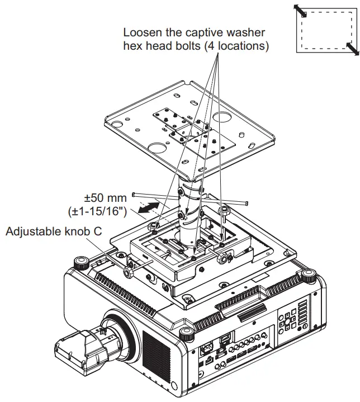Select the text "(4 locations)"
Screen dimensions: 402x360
(235, 46)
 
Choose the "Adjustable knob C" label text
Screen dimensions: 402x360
(54, 230)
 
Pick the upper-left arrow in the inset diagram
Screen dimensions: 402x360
(301, 11)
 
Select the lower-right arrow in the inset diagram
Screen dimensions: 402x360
(352, 49)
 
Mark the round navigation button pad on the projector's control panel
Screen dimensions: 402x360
(287, 321)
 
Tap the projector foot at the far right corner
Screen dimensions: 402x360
(308, 274)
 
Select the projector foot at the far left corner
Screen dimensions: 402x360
(79, 261)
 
